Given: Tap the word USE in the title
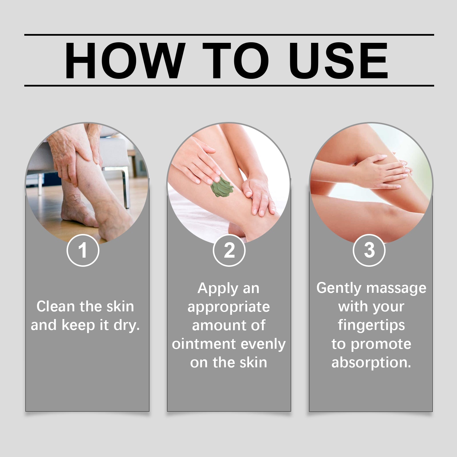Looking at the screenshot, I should coord(338,60).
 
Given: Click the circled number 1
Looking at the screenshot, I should coord(83,250).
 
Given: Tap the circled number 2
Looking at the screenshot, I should coord(229,250).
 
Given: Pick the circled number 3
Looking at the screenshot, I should coord(369,250).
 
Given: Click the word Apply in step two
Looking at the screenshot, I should coord(218,288).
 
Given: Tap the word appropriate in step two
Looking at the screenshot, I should coord(228,307).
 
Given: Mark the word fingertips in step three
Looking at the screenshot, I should coord(371,325).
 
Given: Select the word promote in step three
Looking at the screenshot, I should coord(381,344).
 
